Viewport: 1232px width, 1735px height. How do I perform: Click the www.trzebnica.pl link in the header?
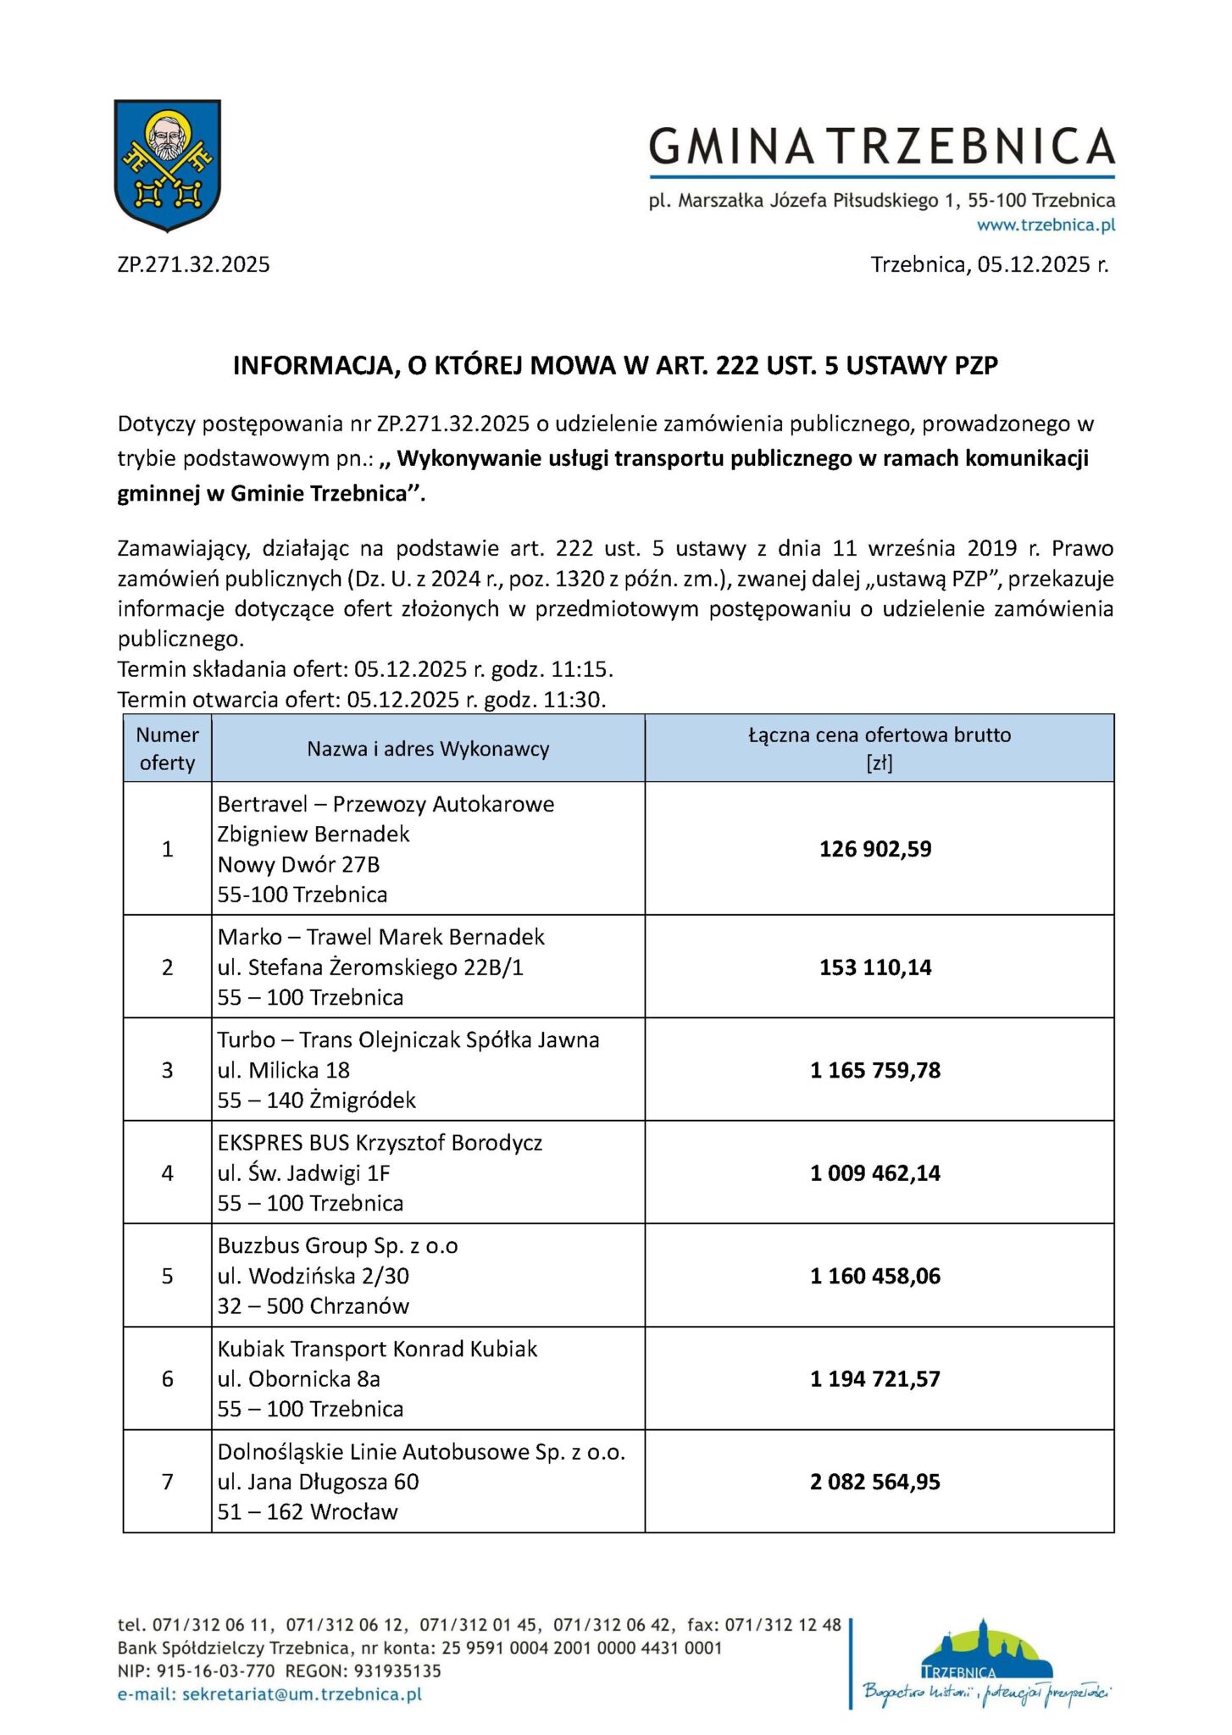point(1046,225)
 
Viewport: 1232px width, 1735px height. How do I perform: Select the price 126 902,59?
point(874,849)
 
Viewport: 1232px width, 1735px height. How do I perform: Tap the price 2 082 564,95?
point(874,1482)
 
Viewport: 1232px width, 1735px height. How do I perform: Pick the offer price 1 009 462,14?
point(874,1173)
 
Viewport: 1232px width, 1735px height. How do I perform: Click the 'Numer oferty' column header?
point(167,749)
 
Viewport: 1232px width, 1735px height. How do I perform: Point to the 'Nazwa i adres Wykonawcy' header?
point(428,749)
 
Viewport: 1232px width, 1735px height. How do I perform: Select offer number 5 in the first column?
point(167,1276)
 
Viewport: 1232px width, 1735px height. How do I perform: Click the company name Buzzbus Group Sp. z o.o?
point(337,1246)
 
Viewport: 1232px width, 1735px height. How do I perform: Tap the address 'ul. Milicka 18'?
point(283,1070)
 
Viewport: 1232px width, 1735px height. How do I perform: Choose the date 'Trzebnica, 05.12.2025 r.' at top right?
point(989,265)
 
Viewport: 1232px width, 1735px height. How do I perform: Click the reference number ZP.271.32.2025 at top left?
point(193,265)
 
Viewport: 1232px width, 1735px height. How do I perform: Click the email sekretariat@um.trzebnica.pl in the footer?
point(302,1694)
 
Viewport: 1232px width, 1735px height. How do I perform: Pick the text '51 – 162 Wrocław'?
point(307,1512)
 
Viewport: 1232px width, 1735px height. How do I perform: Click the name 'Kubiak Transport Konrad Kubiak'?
point(377,1349)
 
